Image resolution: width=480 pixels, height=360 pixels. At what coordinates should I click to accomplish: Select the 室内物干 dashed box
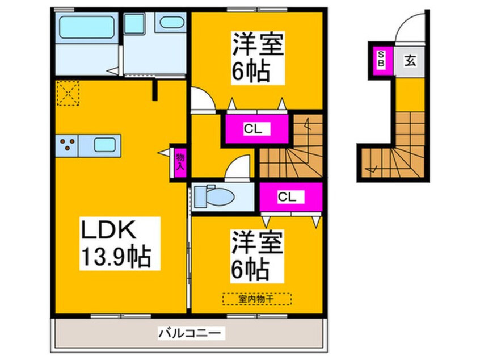[x=256, y=299]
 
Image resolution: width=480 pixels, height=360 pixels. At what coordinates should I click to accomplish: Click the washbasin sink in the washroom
[x=172, y=24]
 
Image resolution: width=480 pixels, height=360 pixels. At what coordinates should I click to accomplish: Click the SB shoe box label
[x=381, y=58]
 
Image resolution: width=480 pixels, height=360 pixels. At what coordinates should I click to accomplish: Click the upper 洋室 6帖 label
[x=257, y=57]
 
